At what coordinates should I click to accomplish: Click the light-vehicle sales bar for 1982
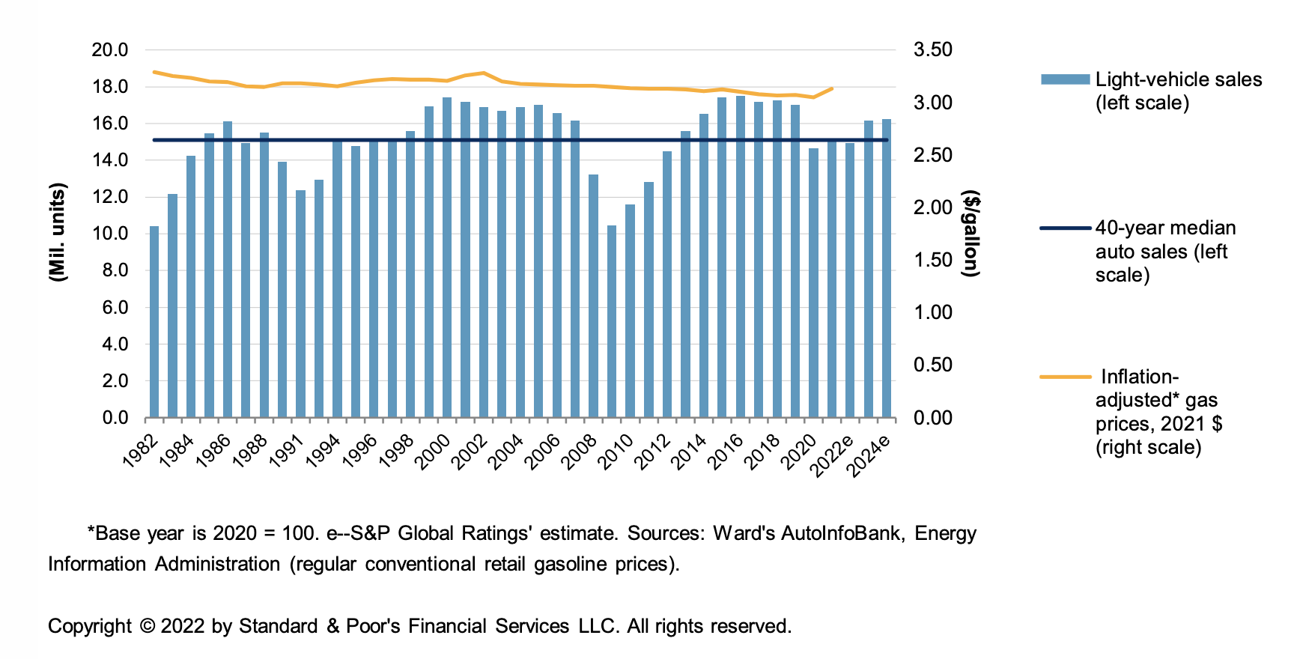(154, 322)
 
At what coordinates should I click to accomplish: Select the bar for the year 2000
(447, 258)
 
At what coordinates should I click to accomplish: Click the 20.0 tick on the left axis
(110, 50)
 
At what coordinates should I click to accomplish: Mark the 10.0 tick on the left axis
(110, 234)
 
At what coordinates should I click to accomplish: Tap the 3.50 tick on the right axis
(933, 50)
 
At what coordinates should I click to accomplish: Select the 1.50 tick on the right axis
(933, 260)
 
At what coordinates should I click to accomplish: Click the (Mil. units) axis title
(58, 232)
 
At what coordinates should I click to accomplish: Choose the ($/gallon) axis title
(971, 234)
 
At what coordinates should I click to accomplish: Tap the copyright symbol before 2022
(147, 626)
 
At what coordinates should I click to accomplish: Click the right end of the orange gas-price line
(832, 88)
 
